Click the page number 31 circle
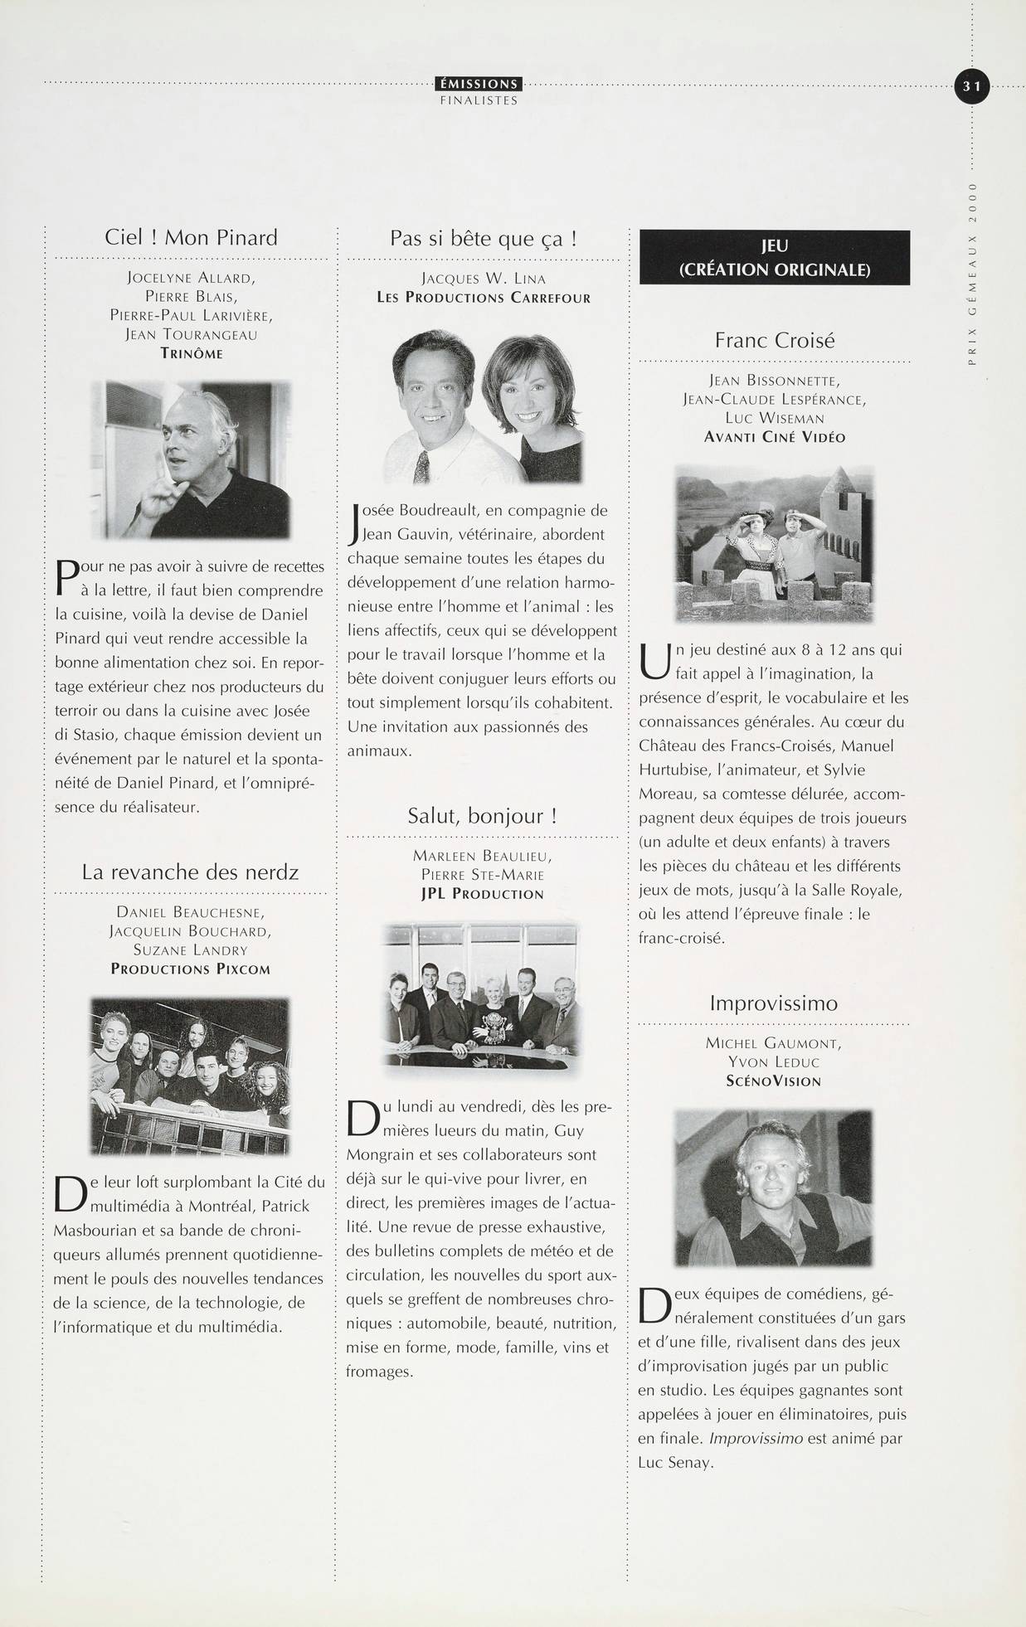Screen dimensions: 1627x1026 [972, 85]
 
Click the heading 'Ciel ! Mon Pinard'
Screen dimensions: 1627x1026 [191, 237]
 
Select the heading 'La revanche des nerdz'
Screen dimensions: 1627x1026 [190, 872]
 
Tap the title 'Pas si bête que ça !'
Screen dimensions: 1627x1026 [483, 239]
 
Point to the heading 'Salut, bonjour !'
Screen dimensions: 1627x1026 [482, 815]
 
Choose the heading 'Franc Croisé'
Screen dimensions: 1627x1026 [774, 340]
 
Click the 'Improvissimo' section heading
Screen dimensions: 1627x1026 [773, 1003]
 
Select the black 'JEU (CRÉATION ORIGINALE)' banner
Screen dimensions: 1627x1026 [774, 257]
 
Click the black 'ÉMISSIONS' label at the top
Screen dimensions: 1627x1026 [479, 84]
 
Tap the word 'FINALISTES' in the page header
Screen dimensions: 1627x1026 [479, 100]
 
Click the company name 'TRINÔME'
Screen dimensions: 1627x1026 [191, 354]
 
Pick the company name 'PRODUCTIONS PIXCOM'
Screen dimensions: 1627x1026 [190, 969]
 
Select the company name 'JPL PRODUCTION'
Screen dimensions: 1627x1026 [482, 894]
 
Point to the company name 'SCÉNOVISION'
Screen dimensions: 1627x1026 [773, 1081]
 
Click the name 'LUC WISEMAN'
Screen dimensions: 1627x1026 [774, 418]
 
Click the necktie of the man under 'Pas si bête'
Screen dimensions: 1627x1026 [421, 467]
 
